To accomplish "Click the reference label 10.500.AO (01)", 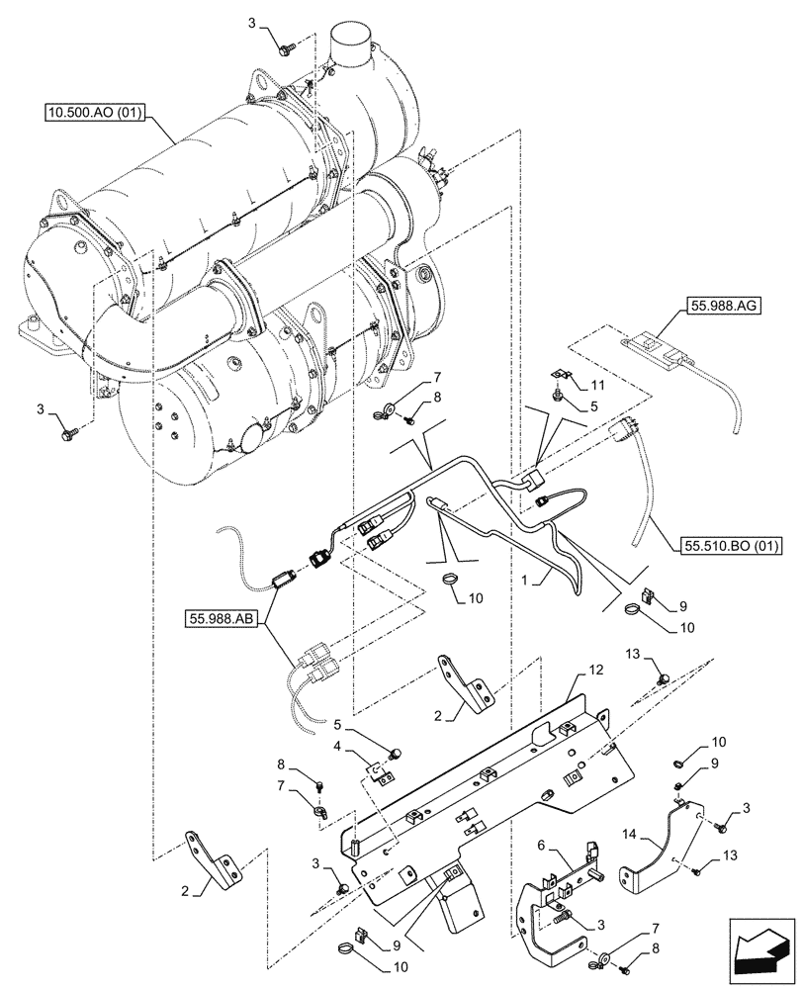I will pyautogui.click(x=95, y=115).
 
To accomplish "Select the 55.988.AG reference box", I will pyautogui.click(x=719, y=308).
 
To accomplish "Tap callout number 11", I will pyautogui.click(x=597, y=383).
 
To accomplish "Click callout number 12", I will pyautogui.click(x=595, y=671).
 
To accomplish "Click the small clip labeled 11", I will pyautogui.click(x=561, y=376).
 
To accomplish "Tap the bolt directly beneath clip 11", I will pyautogui.click(x=561, y=395).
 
